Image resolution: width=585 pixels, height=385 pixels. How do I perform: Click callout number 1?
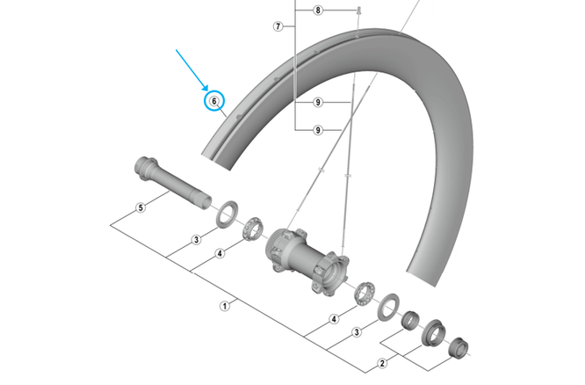click(225, 306)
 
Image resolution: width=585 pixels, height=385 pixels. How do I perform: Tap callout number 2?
click(382, 363)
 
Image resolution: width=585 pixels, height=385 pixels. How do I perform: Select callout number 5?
click(141, 207)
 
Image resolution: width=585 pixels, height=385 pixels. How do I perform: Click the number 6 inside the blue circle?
click(214, 101)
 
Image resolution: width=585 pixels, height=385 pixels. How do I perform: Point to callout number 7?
click(278, 26)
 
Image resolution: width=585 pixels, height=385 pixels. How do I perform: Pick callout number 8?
click(318, 10)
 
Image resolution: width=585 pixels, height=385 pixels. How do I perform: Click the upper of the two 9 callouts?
click(318, 102)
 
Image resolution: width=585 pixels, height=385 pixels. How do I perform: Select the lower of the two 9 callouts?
click(318, 130)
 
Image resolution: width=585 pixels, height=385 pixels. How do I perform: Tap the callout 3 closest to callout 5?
click(197, 240)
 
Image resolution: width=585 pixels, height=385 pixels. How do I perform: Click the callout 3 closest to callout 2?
click(357, 332)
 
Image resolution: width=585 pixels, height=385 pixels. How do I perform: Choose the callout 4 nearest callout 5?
click(220, 253)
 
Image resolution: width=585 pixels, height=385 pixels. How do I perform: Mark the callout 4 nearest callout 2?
click(335, 319)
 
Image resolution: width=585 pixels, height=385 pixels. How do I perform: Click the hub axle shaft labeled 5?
click(172, 183)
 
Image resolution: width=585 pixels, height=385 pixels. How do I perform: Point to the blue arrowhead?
click(205, 88)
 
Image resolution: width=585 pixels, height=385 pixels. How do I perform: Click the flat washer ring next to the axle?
click(227, 214)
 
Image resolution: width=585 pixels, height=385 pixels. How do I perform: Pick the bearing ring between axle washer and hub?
click(253, 229)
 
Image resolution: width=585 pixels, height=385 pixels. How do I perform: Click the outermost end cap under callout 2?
click(459, 347)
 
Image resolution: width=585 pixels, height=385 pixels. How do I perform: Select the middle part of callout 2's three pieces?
click(434, 333)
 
